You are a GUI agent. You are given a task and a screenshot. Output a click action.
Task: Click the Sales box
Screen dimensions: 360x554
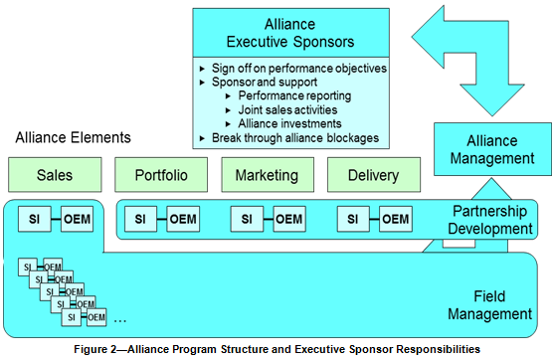[x=55, y=175]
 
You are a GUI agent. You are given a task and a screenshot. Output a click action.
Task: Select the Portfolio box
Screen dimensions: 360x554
[x=161, y=175]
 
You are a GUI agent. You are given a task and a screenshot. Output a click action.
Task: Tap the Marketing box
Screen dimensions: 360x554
[x=267, y=175]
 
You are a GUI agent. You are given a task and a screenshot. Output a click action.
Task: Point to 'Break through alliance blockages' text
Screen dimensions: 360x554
[x=295, y=137]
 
